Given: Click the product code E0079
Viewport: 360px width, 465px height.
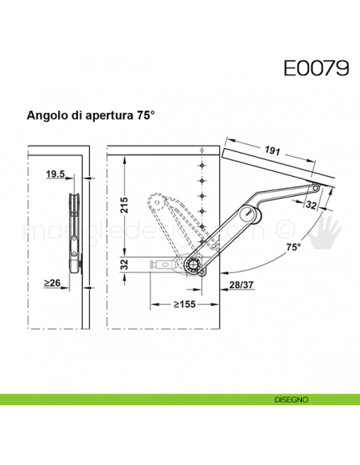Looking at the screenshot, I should point(315,68).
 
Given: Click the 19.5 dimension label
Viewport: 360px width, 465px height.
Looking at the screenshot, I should point(55,174).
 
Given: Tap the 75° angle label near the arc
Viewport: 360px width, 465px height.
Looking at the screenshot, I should point(294,248).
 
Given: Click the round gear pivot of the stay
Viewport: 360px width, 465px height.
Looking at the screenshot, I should point(194,265).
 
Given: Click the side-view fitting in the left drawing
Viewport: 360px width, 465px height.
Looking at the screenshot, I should point(74,231).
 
